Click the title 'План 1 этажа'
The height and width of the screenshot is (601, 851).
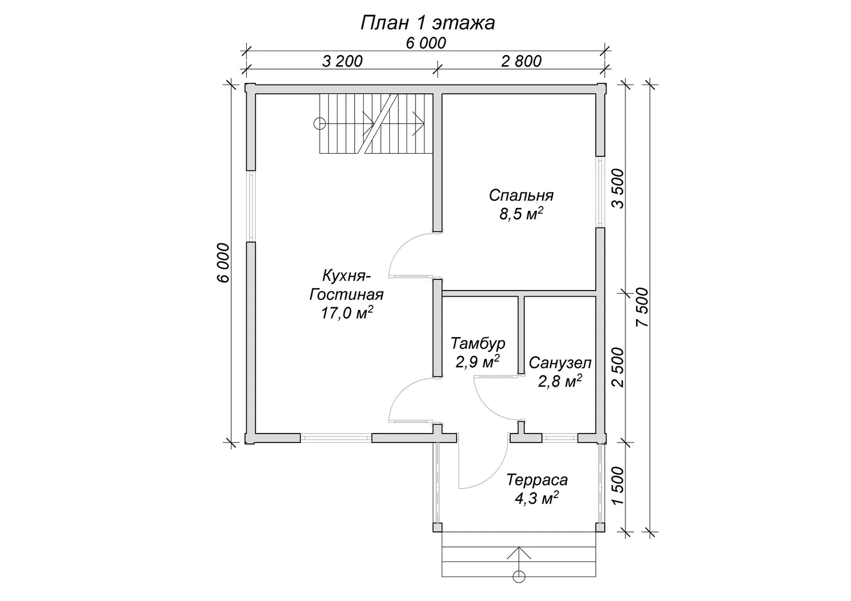pos(427,23)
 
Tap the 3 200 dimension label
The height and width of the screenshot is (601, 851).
pos(343,61)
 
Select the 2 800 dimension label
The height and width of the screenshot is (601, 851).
pos(521,61)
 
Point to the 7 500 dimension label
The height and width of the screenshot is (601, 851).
pos(642,307)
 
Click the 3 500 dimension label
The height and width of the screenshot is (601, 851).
pos(618,189)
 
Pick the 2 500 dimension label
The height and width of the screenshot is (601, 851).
pos(618,367)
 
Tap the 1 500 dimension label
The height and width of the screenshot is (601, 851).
pos(618,486)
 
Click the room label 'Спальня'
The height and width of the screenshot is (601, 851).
pos(521,195)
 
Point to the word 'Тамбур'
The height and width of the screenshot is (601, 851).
pos(478,343)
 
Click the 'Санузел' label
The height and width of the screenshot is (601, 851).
pos(560,363)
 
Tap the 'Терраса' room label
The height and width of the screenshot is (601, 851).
pos(537,480)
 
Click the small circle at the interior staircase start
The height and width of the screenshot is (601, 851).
pos(320,124)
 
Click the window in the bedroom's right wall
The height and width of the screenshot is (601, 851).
pos(600,192)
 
